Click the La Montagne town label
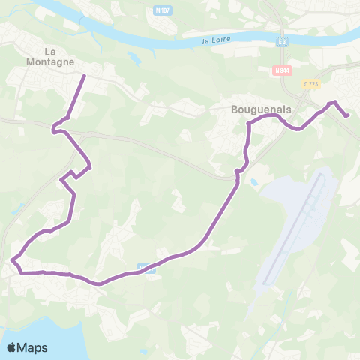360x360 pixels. tap(59, 57)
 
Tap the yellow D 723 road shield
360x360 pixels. tap(312, 84)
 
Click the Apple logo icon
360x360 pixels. tap(13, 347)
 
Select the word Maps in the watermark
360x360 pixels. tap(34, 347)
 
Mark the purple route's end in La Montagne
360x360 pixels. tap(83, 76)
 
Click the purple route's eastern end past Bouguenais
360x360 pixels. tap(347, 115)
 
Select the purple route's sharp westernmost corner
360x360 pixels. tap(13, 260)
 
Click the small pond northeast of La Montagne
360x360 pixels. tap(133, 57)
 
